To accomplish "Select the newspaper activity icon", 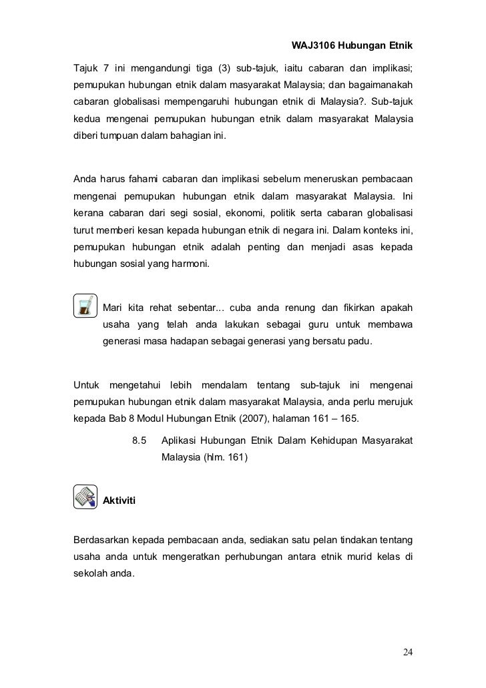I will pos(85,498).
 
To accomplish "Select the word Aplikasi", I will pos(182,441).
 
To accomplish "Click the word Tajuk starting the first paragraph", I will pos(86,68).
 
